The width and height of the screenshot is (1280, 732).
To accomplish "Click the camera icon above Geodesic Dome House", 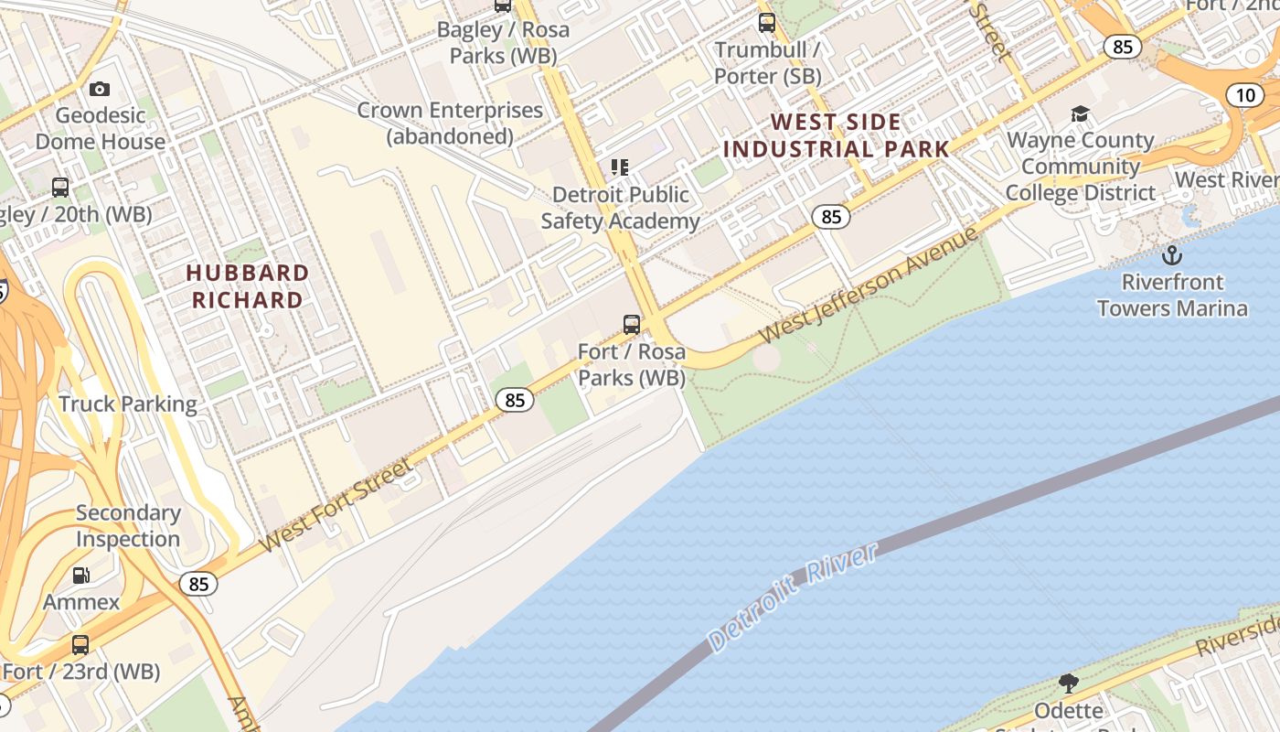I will (x=100, y=89).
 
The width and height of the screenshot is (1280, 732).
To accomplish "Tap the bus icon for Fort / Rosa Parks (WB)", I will (x=631, y=324).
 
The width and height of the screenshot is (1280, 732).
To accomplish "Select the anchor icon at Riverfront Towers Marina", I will (x=1171, y=255).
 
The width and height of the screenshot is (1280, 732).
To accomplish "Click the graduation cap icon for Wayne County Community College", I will (x=1080, y=113).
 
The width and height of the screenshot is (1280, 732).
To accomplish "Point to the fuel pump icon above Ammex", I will (x=81, y=576).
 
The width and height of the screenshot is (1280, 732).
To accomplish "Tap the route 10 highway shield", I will (x=1244, y=95).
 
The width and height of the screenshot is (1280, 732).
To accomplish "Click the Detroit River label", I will (x=793, y=596).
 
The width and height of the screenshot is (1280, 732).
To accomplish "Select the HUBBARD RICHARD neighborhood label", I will (x=247, y=286).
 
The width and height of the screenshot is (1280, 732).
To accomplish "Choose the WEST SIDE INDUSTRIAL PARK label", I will (x=836, y=135).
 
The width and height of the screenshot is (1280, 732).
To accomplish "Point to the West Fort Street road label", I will (x=336, y=506).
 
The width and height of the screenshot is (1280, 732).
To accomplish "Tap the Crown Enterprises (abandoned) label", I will (x=450, y=124).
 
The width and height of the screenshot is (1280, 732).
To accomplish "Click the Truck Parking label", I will (x=128, y=404).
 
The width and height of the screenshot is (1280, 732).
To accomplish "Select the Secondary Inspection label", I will (x=128, y=526).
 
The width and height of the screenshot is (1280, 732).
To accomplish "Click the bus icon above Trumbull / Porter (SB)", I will (x=766, y=23).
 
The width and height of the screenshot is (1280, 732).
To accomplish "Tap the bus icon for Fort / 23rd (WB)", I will (x=80, y=645).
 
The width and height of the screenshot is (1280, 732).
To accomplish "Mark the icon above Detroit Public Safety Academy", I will (x=620, y=167).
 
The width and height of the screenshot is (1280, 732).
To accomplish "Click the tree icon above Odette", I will (x=1067, y=683).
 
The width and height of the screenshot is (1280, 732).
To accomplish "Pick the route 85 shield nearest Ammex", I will (x=197, y=584).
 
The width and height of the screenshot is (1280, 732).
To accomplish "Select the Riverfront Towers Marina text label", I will (x=1172, y=295).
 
